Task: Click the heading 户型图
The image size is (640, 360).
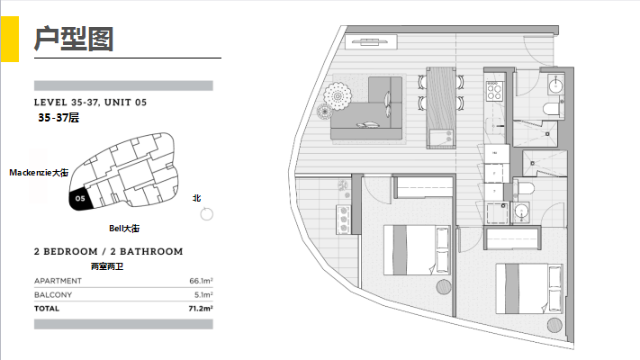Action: (74, 39)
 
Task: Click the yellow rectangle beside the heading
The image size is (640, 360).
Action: (10, 40)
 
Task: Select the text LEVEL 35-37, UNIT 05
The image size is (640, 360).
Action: (90, 103)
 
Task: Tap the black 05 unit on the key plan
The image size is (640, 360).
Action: (80, 200)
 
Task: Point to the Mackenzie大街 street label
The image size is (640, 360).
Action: (39, 173)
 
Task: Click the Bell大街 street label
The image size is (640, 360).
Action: (124, 229)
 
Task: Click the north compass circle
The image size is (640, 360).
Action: (206, 214)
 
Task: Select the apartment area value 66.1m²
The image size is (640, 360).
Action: (201, 281)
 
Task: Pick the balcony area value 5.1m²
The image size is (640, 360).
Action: (203, 294)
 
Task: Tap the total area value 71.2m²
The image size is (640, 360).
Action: (201, 308)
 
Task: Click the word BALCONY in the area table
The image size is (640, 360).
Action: (53, 294)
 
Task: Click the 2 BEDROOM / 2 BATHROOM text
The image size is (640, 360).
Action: (109, 251)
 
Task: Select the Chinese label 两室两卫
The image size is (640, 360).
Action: (107, 266)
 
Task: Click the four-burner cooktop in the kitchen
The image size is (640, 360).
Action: (494, 91)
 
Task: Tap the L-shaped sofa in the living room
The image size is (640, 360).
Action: (366, 108)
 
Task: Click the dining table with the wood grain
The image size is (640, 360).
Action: (441, 107)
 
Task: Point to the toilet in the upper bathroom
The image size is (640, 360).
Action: (552, 109)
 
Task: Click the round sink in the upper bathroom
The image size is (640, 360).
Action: (555, 85)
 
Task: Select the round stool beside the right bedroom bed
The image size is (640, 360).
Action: (554, 325)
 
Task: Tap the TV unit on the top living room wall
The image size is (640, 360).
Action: (371, 41)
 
